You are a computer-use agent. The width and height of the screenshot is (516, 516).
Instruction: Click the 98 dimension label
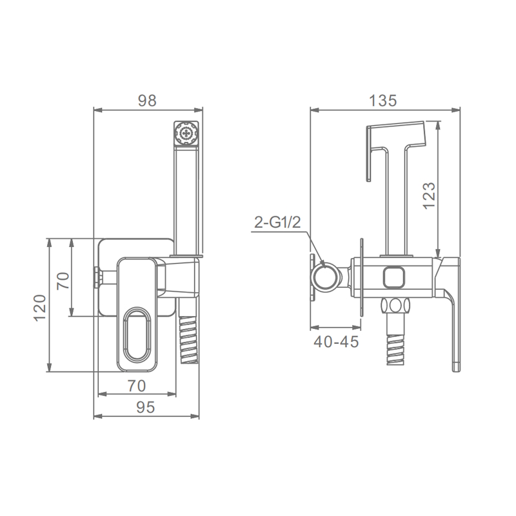point(147,101)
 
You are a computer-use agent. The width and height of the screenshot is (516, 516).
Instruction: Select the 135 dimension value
point(382,101)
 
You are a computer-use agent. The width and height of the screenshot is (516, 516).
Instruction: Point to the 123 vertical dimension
point(429,195)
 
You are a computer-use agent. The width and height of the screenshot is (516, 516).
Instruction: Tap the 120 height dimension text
point(40,308)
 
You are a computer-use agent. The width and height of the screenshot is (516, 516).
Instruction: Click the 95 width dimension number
point(146,408)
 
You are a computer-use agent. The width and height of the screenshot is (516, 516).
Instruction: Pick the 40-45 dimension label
point(336,342)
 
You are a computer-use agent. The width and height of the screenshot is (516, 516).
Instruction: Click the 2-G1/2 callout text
point(277,223)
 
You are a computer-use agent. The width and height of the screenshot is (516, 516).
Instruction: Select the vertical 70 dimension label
point(63,281)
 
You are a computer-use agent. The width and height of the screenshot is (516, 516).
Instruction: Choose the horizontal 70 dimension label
point(137,386)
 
